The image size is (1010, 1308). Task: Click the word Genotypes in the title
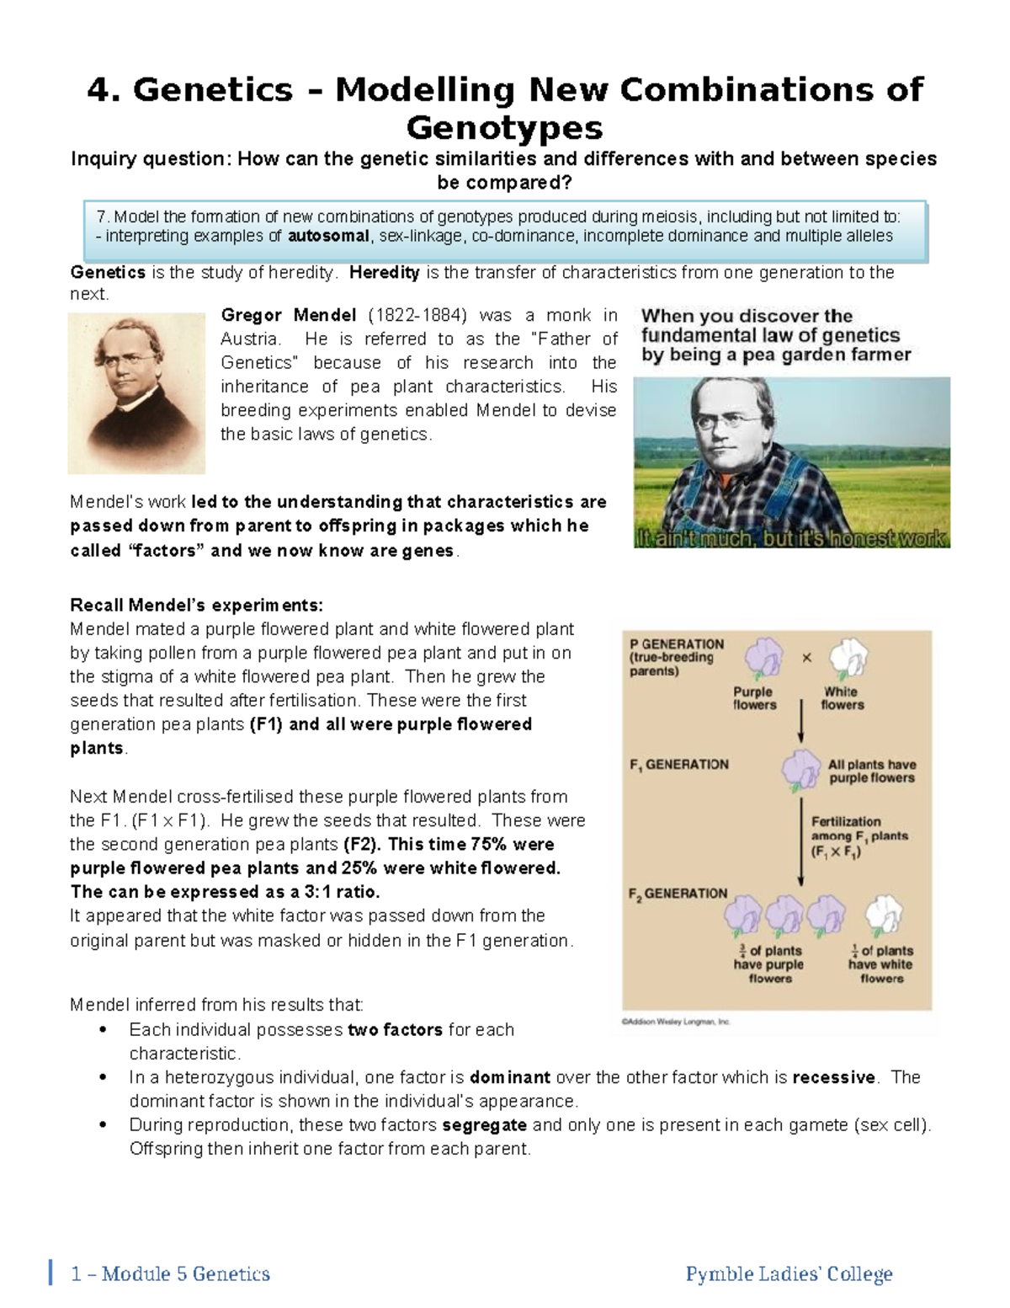tap(504, 128)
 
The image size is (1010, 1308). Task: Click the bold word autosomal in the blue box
tap(328, 237)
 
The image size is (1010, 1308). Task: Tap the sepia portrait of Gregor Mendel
tap(136, 392)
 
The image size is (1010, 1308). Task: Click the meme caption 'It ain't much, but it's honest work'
tap(791, 538)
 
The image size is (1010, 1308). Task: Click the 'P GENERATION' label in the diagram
tap(676, 644)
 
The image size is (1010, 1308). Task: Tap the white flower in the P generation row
tap(848, 658)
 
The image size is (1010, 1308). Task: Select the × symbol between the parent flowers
tap(806, 658)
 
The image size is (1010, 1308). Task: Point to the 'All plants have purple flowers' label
tap(872, 771)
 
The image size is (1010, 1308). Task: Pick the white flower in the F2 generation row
tap(883, 916)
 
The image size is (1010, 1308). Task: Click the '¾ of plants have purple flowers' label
tap(769, 964)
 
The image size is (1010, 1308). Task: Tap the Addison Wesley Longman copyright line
tap(676, 1022)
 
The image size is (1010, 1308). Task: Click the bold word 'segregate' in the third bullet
tap(484, 1125)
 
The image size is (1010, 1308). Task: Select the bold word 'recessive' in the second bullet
tap(833, 1078)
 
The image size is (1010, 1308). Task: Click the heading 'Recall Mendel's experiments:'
tap(196, 606)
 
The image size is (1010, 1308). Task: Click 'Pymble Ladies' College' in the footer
tap(789, 1274)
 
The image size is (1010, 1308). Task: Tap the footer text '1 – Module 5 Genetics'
tap(171, 1274)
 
